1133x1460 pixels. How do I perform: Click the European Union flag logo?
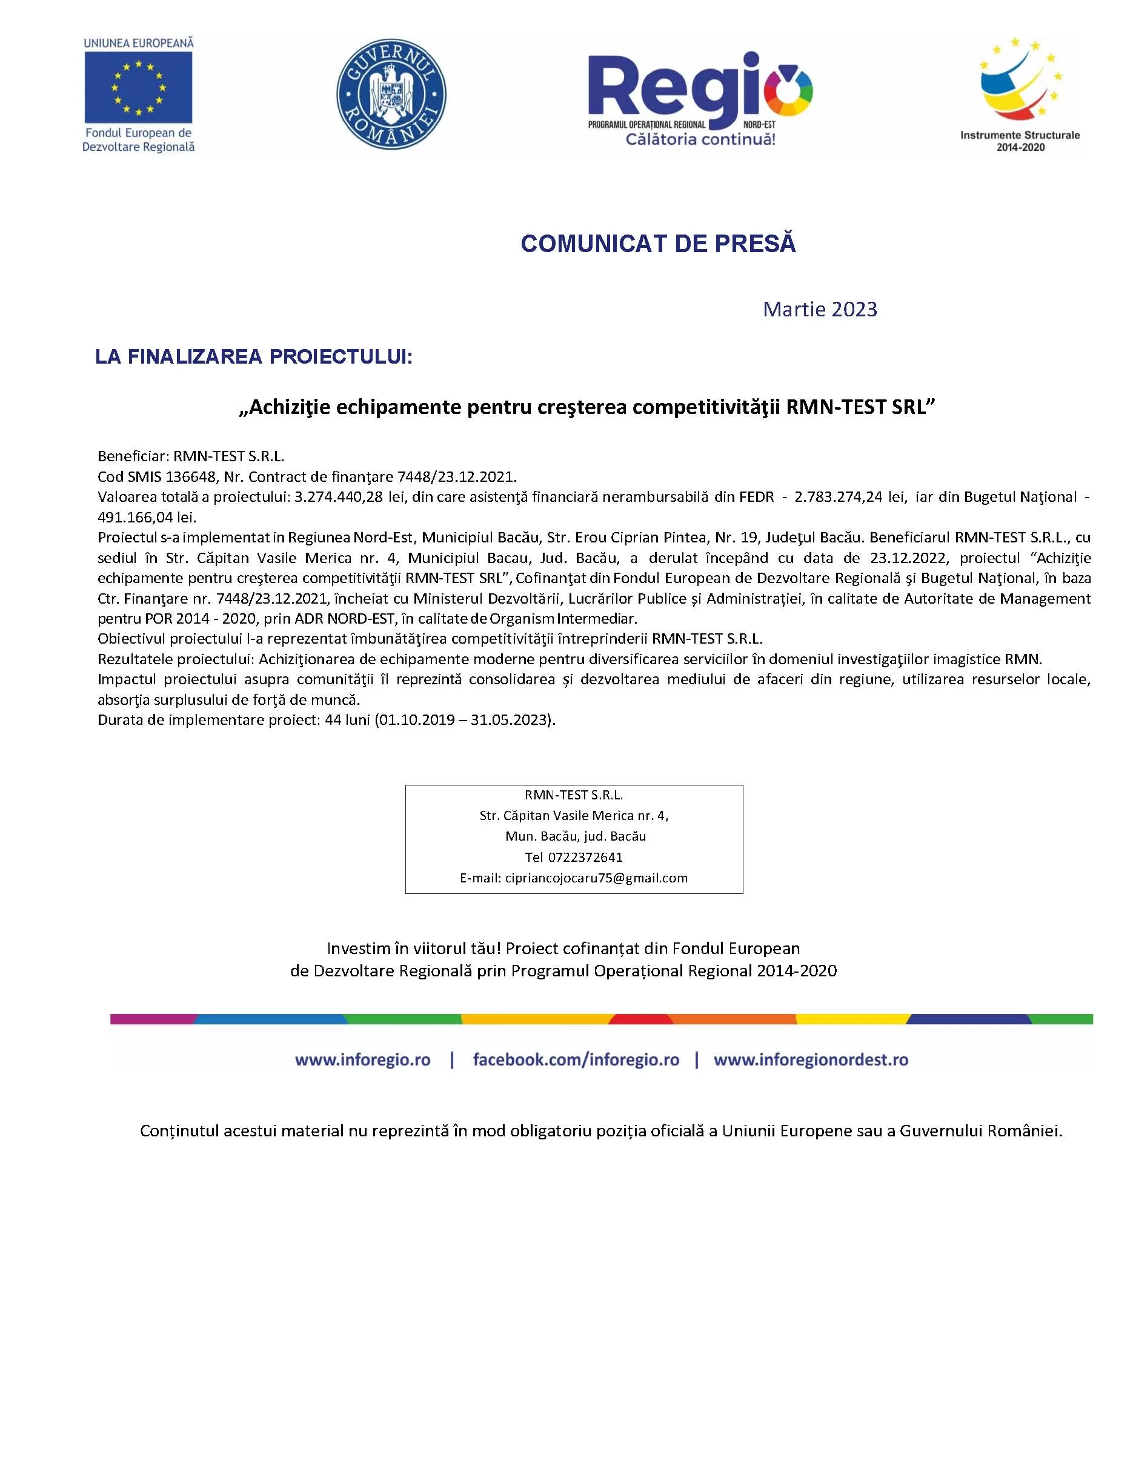click(x=138, y=87)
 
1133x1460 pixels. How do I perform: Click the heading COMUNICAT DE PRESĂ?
click(x=658, y=244)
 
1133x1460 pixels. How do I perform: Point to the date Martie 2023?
click(x=820, y=310)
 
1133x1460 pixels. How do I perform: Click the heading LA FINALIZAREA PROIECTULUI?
click(x=253, y=357)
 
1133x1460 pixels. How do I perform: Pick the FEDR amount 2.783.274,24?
click(x=838, y=498)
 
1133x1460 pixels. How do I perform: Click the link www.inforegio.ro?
click(x=362, y=1060)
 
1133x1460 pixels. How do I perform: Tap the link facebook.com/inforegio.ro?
click(x=576, y=1060)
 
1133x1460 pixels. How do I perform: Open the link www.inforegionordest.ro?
click(x=811, y=1060)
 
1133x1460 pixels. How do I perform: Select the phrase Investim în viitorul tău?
click(x=414, y=948)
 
